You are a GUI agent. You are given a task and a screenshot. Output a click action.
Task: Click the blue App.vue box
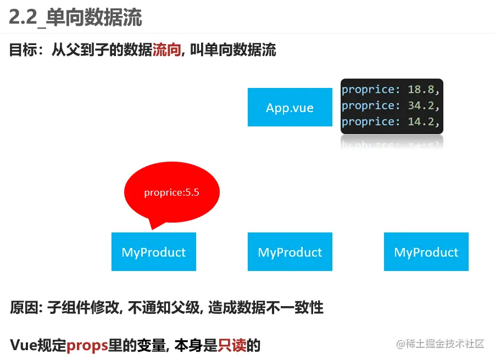(x=290, y=107)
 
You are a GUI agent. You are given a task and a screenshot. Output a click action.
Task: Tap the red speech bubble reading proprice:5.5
(x=171, y=192)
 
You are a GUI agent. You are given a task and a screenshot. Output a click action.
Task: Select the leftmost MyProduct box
(x=153, y=252)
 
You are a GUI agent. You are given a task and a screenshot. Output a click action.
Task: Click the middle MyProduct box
(x=290, y=252)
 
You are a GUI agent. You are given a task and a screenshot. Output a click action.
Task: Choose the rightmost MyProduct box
(x=426, y=252)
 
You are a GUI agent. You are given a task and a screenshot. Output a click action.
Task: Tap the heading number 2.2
(x=23, y=18)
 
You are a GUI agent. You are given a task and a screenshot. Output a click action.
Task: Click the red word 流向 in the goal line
(x=166, y=51)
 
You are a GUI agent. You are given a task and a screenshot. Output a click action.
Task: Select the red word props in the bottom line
(x=87, y=345)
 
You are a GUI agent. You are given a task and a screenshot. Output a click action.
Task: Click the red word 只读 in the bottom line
(x=232, y=345)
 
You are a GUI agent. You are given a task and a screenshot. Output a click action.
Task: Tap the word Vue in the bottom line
(x=24, y=345)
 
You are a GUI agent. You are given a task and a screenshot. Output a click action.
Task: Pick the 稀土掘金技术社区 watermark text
(x=444, y=344)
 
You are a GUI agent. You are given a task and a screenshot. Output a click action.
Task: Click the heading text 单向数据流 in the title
(x=94, y=18)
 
